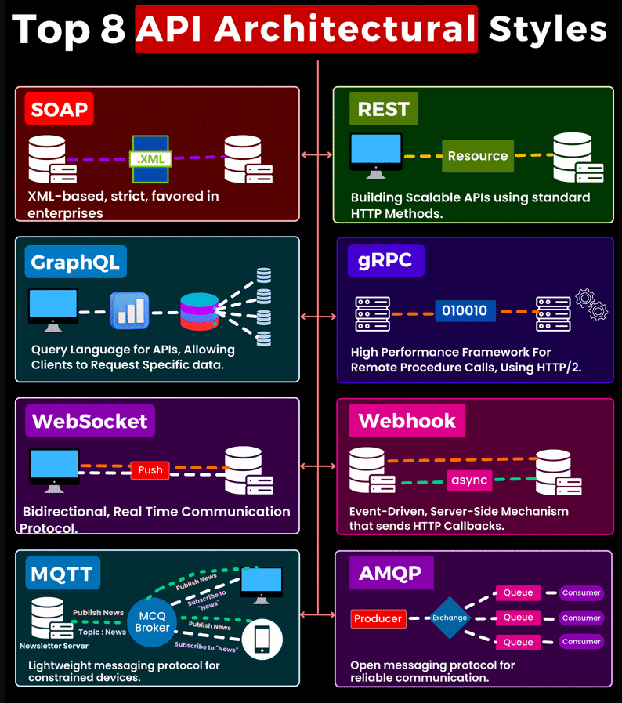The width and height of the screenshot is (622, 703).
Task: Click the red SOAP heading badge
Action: click(x=59, y=109)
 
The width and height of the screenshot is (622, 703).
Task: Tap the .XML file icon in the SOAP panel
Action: click(x=151, y=157)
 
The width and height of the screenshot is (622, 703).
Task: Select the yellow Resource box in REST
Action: click(x=478, y=156)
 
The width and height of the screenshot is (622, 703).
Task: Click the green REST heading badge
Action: click(x=383, y=109)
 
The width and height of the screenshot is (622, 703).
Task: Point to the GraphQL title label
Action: click(x=75, y=261)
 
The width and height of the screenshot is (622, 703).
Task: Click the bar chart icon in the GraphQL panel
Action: click(x=129, y=311)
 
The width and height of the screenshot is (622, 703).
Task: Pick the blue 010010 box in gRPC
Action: click(x=465, y=310)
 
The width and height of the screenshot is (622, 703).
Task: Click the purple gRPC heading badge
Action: click(x=385, y=260)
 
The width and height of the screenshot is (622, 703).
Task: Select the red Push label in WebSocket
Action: click(x=150, y=469)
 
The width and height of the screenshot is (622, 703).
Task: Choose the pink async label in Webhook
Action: click(x=469, y=480)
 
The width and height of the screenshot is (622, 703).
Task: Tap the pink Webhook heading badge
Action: click(x=407, y=421)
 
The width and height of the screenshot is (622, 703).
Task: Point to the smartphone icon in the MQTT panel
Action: click(x=262, y=639)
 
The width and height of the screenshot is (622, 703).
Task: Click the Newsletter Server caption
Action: click(x=54, y=646)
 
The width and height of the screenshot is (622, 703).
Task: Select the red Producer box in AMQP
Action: click(x=378, y=618)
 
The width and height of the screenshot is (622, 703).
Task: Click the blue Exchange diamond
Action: click(x=450, y=618)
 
